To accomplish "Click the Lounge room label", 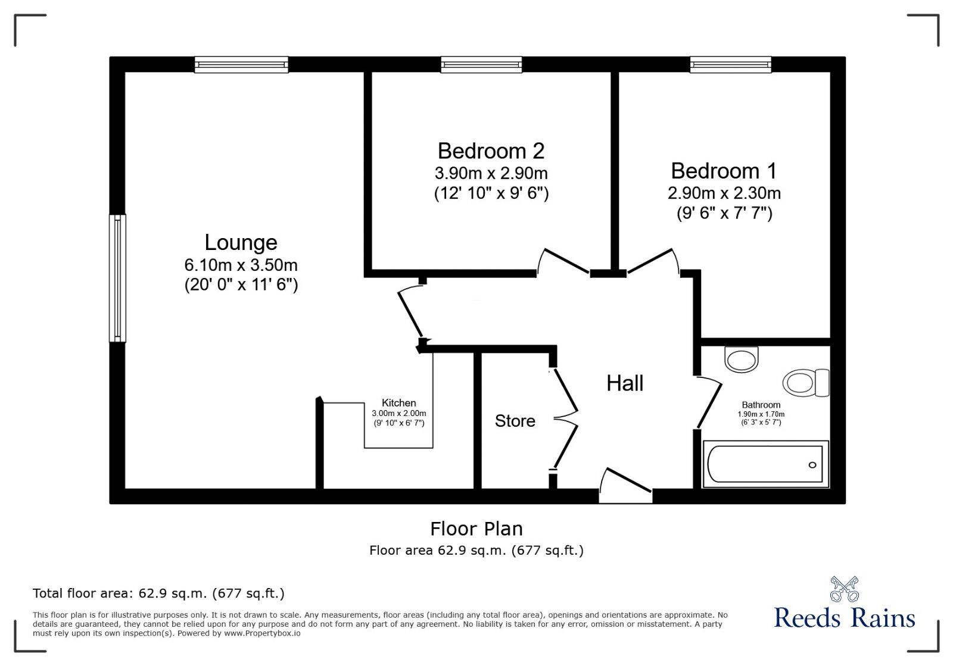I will [241, 243].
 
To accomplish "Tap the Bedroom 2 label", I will [491, 151].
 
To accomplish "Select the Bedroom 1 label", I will [724, 171].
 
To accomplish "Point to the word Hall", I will [625, 383].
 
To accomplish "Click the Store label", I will [515, 421].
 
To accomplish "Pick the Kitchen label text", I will [398, 403].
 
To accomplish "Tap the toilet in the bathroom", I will [805, 382].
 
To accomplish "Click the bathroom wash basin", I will [742, 359].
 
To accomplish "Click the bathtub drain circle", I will [812, 465].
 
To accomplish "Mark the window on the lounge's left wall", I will [117, 278].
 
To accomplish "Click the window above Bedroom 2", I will [481, 64].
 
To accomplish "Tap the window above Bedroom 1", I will [730, 64].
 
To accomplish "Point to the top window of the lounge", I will [241, 64].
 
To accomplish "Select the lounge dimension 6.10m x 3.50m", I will [241, 265].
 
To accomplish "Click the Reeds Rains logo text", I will [844, 617].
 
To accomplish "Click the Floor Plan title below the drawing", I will [476, 529].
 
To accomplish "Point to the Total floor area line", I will [158, 593].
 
